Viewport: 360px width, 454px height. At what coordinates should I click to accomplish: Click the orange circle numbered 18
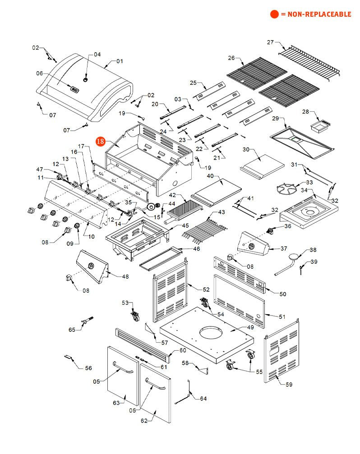pos(100,142)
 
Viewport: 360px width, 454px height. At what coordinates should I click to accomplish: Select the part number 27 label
pos(270,42)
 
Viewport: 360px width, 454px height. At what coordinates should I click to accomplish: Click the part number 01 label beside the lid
pos(120,61)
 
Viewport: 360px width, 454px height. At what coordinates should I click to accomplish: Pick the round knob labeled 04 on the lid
pos(85,79)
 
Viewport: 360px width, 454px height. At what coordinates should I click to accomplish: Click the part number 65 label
pos(72,330)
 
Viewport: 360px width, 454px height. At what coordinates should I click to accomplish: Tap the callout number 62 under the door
pos(144,421)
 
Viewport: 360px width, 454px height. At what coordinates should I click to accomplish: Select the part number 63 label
pos(116,403)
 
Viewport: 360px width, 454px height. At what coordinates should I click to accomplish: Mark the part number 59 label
pos(289,385)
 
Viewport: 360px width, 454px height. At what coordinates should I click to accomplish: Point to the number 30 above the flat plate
pos(246,149)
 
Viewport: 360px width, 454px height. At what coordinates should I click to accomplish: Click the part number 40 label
pos(210,176)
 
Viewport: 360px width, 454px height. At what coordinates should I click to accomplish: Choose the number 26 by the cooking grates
pos(231,58)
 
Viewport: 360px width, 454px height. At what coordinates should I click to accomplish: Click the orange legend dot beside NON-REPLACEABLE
pos(274,14)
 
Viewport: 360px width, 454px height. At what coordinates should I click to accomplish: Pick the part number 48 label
pos(125,276)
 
